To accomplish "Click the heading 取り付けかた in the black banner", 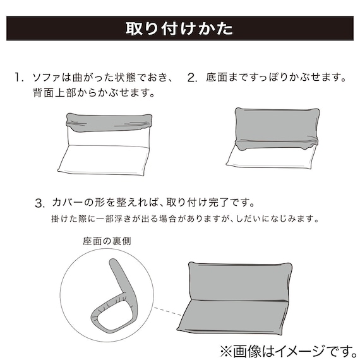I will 179,29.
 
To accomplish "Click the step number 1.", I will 19,78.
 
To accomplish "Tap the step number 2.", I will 193,78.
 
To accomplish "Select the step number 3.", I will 40,203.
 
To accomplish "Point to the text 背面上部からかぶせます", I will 94,93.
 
